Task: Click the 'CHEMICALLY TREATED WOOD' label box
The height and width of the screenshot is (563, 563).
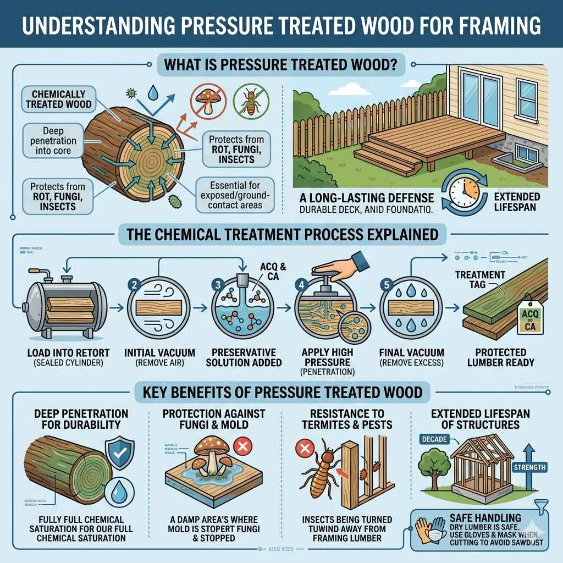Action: click(58, 98)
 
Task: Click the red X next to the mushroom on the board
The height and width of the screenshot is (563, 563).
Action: click(241, 447)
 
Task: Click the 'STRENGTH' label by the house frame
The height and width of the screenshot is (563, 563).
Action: click(529, 468)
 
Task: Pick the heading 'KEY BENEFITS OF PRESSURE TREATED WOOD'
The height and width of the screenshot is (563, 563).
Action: click(281, 392)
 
